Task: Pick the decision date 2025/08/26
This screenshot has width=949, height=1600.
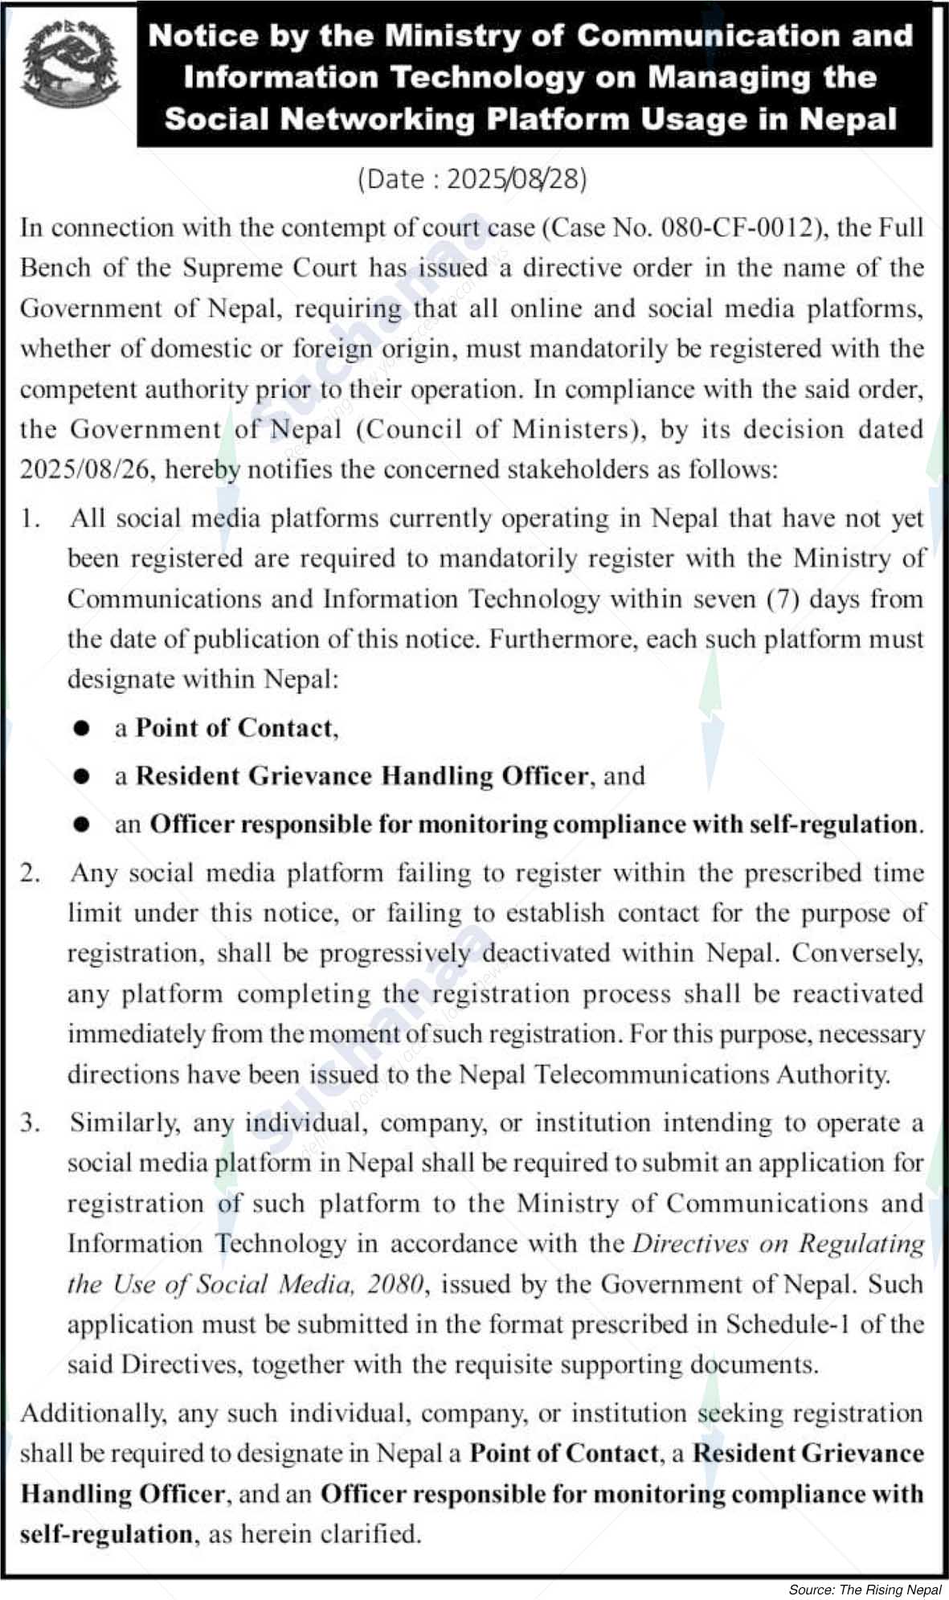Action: [86, 469]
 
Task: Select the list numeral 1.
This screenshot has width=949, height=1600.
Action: [31, 518]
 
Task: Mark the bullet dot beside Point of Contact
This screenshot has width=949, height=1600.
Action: [81, 728]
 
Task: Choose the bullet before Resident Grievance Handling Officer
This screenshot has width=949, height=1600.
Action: [81, 776]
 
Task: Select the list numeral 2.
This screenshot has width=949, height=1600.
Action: [31, 873]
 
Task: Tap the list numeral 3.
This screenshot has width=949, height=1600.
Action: [31, 1123]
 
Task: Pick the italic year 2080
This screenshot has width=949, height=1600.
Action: [395, 1284]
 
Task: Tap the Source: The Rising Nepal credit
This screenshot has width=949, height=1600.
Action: [865, 1589]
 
